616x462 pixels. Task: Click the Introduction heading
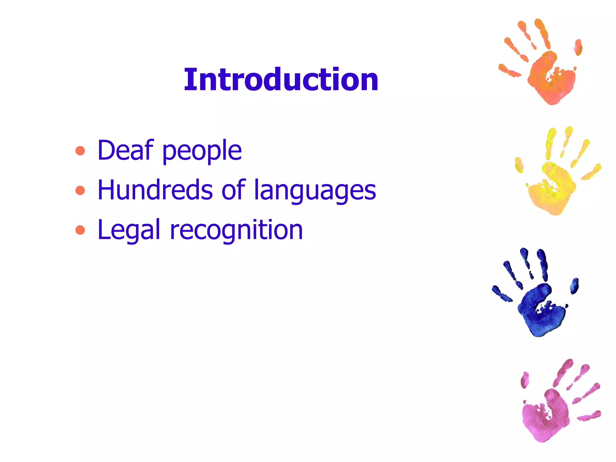coord(281,79)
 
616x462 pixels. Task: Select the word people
coord(202,151)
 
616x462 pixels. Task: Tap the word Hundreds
coord(155,190)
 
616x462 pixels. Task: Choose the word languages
coord(315,191)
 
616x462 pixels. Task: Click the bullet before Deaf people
coord(80,151)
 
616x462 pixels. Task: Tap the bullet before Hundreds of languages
coord(80,190)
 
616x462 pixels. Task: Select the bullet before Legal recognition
coord(80,230)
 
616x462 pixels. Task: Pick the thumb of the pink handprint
coord(525,380)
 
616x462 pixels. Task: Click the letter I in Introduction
coord(190,79)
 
